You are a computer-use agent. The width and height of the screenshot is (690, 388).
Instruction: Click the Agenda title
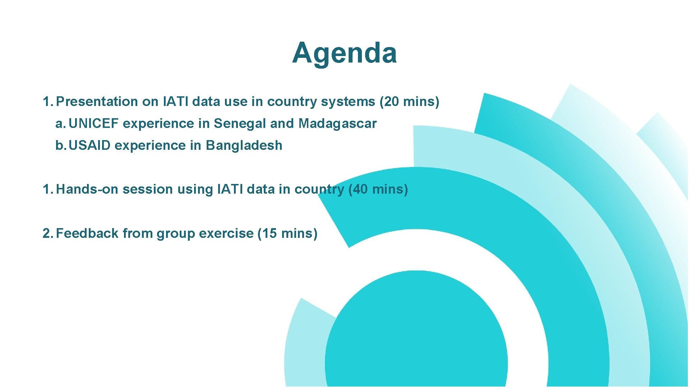coord(344,53)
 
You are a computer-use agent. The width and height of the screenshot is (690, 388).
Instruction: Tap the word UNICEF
coord(93,124)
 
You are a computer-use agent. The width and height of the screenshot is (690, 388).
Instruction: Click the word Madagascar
coord(337,124)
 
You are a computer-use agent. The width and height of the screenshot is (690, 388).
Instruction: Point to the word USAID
coord(89,145)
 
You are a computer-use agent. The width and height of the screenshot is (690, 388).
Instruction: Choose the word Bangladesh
coord(244,145)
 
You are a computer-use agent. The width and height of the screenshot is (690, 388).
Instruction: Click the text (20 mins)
coord(409,102)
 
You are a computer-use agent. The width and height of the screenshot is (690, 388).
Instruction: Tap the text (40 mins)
coord(378,189)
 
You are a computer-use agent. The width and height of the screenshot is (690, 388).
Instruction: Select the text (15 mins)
coord(287,234)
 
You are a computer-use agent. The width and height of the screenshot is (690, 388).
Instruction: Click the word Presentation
coord(97,102)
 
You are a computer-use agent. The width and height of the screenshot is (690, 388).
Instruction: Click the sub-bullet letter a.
coord(60,124)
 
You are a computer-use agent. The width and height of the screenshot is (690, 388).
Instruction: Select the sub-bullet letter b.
coord(60,145)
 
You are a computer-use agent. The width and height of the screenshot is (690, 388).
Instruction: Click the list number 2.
coord(47,234)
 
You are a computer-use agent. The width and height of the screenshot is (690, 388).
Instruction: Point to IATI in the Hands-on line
coord(230,189)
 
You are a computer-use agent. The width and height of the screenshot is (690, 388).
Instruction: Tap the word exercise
coord(226,234)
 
